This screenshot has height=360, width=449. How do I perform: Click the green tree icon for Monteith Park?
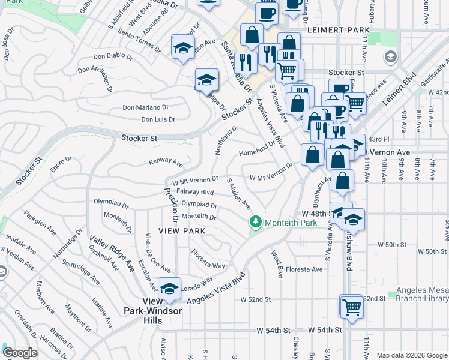256,223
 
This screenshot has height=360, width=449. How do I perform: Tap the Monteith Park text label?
283,223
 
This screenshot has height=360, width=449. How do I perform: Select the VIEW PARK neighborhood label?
182,231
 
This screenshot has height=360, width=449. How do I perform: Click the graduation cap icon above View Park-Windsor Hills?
169,289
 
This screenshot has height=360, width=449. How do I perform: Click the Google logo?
20,353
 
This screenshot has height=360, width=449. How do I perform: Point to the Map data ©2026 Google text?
411,355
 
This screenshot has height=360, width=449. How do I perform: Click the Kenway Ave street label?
166,162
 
